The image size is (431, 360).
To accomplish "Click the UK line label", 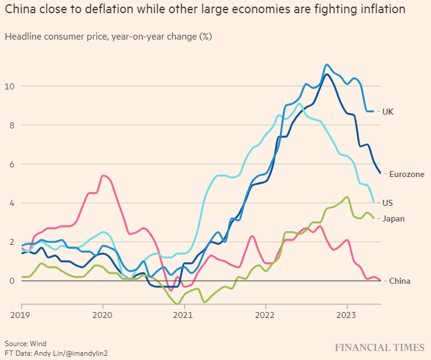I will (388, 112).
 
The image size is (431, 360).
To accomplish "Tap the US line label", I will (388, 203).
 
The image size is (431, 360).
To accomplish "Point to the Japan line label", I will (393, 218).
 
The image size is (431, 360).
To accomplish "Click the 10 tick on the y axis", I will (9, 86).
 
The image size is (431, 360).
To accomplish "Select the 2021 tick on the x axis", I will (183, 314).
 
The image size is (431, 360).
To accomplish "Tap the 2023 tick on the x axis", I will (346, 314).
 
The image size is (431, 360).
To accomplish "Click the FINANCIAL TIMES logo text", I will (379, 347).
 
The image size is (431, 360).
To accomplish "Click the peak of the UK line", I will (326, 65).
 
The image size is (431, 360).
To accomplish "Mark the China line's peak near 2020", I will (104, 175).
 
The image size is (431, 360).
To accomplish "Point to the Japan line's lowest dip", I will (177, 304).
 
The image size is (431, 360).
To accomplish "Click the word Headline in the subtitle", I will (23, 37).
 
